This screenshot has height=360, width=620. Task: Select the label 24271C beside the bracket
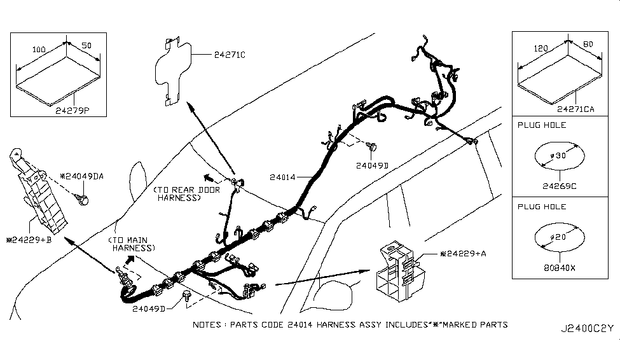(x=226, y=55)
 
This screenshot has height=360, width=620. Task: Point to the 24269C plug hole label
(x=560, y=186)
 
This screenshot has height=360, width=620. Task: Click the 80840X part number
(x=560, y=268)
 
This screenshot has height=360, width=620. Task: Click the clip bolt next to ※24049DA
(x=83, y=202)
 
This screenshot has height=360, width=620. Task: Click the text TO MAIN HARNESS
(x=132, y=244)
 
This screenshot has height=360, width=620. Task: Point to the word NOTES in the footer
(x=207, y=324)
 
